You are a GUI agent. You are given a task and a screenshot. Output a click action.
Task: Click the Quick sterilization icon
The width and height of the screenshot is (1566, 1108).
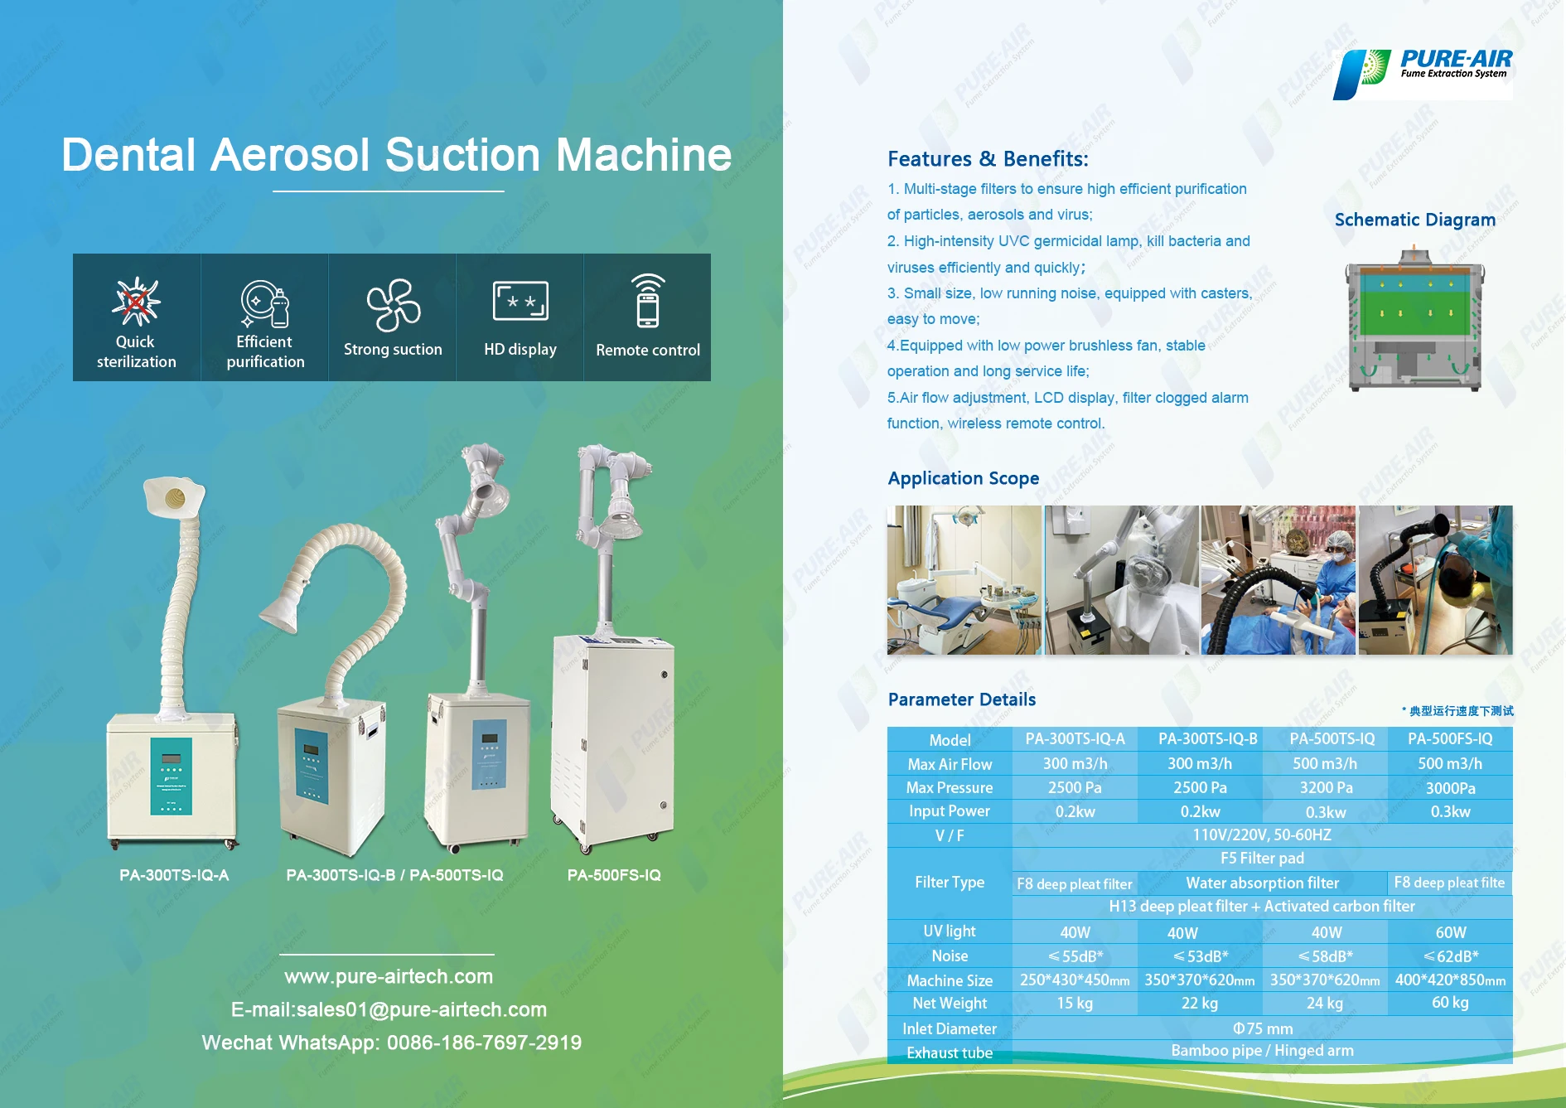tap(136, 301)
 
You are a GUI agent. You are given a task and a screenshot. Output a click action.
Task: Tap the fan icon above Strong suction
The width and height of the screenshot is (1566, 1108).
tap(394, 304)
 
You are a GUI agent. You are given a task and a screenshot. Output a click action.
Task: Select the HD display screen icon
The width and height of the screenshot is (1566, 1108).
tap(520, 300)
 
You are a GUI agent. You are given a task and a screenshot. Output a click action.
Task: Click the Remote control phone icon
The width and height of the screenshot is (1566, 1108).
tap(648, 301)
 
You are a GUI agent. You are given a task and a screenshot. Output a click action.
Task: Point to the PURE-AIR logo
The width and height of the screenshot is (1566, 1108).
tap(1423, 74)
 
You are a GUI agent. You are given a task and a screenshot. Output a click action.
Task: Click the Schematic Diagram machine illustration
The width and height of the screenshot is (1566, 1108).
tap(1414, 319)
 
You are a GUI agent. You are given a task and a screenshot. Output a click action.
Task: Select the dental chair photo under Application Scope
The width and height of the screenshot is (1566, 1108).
tap(964, 580)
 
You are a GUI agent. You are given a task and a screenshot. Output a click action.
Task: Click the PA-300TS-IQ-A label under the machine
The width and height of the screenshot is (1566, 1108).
tap(174, 875)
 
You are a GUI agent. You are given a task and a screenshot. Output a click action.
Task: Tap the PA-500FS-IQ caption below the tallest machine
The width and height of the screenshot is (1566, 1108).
tap(614, 875)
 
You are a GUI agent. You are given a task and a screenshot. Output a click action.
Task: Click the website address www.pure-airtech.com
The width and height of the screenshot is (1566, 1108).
tap(389, 976)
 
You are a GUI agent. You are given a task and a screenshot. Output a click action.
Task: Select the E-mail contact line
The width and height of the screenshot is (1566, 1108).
tap(389, 1009)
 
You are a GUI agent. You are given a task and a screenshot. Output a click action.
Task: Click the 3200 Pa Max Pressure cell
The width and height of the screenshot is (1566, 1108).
tap(1326, 787)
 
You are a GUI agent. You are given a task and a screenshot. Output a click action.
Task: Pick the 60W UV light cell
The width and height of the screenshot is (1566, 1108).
tap(1451, 932)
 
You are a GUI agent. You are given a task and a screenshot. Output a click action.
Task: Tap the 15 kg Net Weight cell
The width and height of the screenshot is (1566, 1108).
tap(1075, 1003)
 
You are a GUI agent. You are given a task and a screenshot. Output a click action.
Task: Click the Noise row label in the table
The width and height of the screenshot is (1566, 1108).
tap(950, 956)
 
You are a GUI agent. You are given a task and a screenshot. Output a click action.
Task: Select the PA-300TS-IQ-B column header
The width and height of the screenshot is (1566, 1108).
tap(1207, 738)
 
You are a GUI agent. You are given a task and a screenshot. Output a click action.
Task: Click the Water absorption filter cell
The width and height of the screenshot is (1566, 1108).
tap(1262, 883)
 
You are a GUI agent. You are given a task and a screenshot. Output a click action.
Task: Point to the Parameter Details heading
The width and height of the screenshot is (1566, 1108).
tap(962, 699)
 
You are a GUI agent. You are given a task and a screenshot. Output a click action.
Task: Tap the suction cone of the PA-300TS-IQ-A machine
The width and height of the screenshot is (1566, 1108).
tap(174, 498)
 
